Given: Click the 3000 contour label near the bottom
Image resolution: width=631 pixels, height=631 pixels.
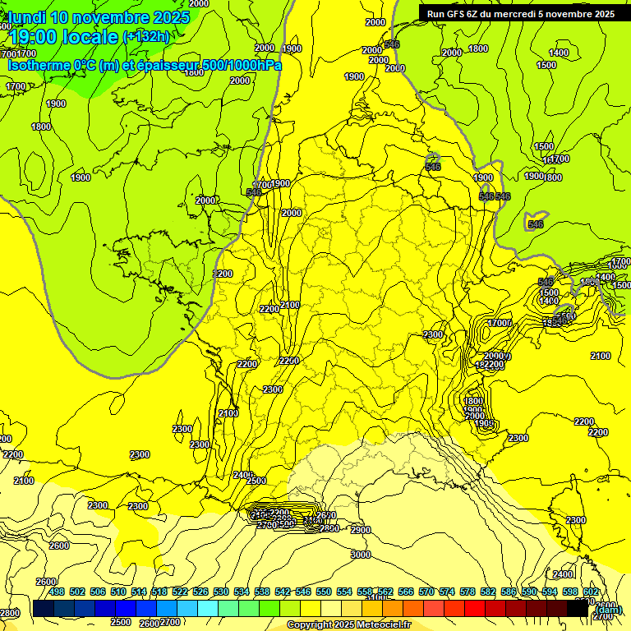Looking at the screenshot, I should (x=360, y=555).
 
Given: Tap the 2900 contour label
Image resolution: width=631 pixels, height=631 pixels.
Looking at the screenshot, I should (x=360, y=531).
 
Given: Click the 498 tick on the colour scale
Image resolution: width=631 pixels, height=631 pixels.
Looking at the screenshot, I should (x=57, y=592).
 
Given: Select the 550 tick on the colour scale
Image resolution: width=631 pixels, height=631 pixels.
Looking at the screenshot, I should (x=324, y=592).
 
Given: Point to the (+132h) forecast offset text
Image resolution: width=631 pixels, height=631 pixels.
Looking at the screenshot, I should (x=145, y=36).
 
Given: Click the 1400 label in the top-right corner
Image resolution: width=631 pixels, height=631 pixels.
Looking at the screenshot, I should (x=558, y=53).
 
